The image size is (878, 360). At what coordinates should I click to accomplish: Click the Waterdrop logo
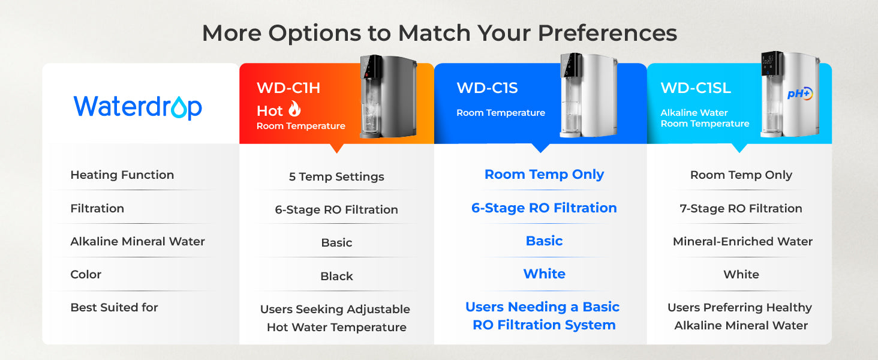(x=138, y=107)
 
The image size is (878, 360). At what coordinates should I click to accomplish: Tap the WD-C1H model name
(x=288, y=88)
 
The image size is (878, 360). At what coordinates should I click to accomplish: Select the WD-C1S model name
(x=487, y=88)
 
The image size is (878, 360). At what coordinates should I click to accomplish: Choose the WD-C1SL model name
(x=696, y=88)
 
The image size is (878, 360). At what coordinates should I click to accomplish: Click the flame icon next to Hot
(x=294, y=110)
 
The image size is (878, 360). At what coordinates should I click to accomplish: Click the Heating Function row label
(x=122, y=175)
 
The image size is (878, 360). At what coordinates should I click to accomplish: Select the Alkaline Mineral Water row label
(x=137, y=242)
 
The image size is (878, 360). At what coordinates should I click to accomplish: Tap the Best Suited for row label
(x=114, y=308)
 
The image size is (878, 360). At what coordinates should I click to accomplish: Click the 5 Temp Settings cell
(x=336, y=177)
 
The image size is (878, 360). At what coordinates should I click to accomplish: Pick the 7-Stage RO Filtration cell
(x=741, y=209)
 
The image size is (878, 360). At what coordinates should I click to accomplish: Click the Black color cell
(x=336, y=277)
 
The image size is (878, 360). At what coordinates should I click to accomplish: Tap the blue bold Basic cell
(x=544, y=241)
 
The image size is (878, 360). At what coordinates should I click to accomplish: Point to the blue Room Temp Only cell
(x=544, y=175)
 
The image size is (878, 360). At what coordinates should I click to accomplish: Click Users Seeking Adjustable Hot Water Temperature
(x=336, y=319)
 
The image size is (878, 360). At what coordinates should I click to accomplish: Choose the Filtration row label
(x=97, y=209)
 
